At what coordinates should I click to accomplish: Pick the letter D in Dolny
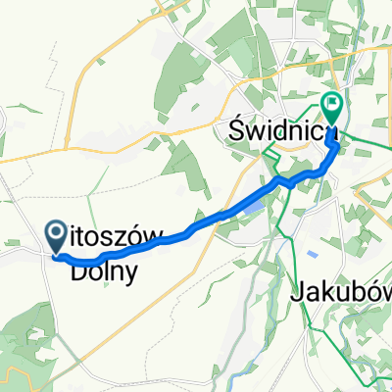[x=78, y=271]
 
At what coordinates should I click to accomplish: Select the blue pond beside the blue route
[x=253, y=207]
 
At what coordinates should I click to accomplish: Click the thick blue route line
[x=196, y=224]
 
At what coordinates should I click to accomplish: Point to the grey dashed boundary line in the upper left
[x=39, y=98]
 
